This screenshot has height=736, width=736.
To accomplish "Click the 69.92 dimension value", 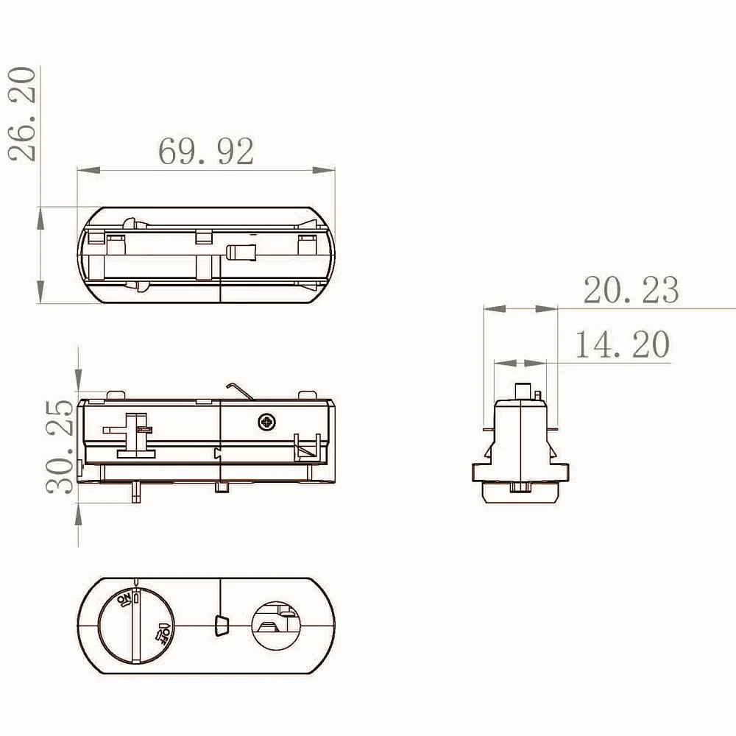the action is click(x=205, y=151).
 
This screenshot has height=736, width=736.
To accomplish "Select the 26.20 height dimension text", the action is click(x=22, y=114).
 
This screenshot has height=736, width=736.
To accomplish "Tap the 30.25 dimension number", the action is click(x=60, y=447).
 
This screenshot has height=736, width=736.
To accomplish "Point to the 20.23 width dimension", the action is click(x=631, y=289).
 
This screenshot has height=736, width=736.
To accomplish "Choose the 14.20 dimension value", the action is click(x=623, y=344).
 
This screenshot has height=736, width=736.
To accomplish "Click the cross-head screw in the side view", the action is click(x=267, y=422).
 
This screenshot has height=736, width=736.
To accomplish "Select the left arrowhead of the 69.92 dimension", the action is click(x=89, y=170).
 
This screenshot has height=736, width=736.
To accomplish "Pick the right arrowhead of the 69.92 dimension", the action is click(x=323, y=170).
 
